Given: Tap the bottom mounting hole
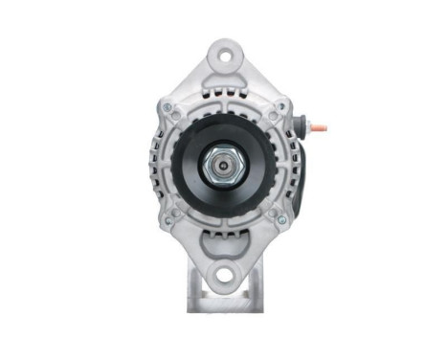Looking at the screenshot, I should point(224,278).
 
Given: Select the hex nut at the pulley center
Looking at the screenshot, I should point(223,165).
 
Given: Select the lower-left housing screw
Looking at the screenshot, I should point(169,220).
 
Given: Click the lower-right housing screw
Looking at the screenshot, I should point(279,220).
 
